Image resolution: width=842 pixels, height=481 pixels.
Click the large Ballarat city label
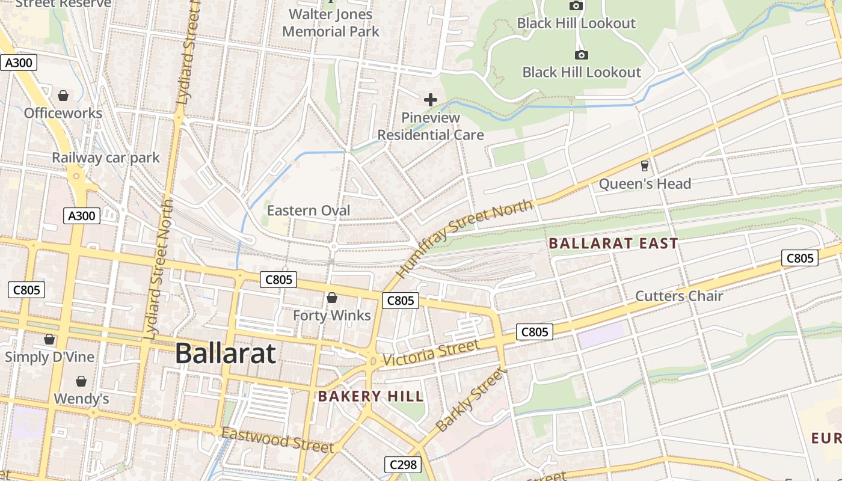(x=226, y=354)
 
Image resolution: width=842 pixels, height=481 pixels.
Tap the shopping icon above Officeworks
(x=63, y=96)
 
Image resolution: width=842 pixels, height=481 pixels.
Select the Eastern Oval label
(x=309, y=210)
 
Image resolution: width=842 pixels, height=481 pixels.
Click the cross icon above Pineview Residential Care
(x=431, y=100)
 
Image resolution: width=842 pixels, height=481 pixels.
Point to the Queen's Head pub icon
(x=645, y=165)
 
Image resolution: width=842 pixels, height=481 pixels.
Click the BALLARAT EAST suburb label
(x=613, y=244)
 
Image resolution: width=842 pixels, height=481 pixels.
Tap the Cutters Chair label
(x=679, y=296)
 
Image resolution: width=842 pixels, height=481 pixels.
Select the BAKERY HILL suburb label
(x=371, y=396)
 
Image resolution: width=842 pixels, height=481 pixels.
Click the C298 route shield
(x=403, y=464)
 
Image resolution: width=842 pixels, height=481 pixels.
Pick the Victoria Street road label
(x=431, y=353)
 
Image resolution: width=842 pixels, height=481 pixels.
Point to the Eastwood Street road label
(x=277, y=440)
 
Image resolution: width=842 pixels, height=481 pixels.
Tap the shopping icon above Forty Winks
(x=332, y=298)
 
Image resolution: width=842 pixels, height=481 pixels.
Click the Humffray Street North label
(x=464, y=238)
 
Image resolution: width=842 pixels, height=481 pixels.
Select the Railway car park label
(x=106, y=158)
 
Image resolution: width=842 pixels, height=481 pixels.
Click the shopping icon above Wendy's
(x=81, y=381)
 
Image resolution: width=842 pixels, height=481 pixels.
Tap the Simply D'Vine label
(x=50, y=357)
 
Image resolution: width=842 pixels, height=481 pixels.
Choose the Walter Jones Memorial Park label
(x=331, y=23)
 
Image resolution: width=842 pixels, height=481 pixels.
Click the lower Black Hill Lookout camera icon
(x=582, y=55)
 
